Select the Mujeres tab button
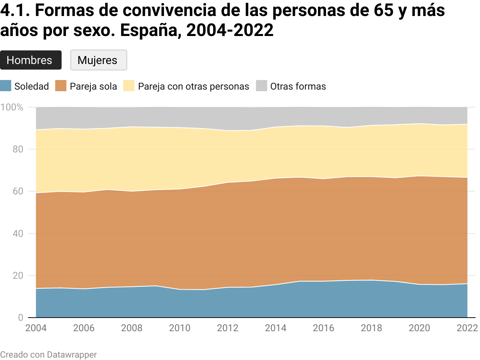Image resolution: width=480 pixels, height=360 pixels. (98, 60)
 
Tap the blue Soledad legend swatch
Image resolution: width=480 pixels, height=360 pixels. (6, 86)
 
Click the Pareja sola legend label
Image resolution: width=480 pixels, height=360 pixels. (93, 86)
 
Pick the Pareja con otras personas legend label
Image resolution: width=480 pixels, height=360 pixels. (194, 86)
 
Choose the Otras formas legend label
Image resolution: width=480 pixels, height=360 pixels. (298, 86)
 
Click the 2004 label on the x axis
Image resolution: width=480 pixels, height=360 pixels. (36, 328)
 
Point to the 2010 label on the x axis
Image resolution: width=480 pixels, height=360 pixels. (180, 328)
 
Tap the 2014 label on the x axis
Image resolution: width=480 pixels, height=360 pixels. (276, 328)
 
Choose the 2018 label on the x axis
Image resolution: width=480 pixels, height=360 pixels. (372, 328)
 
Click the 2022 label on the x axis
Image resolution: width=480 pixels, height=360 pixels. (467, 328)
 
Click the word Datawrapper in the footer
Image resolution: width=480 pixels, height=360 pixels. (72, 354)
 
